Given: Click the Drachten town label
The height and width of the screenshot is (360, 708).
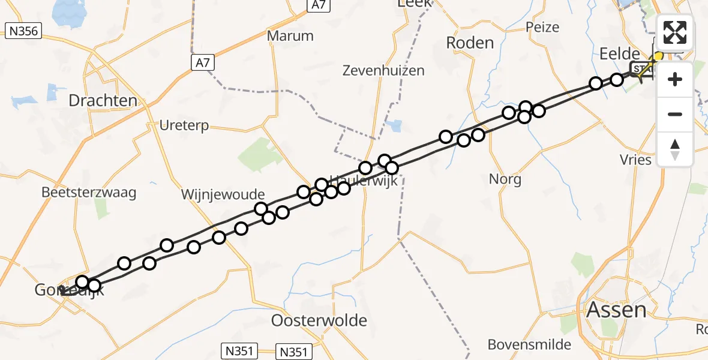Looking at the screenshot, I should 103,100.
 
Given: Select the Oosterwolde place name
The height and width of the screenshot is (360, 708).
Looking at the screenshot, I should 319,320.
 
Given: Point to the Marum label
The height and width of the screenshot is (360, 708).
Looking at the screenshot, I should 290,35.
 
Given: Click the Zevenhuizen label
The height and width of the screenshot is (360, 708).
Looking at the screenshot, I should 383,70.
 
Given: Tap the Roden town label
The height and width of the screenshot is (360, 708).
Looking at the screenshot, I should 470,43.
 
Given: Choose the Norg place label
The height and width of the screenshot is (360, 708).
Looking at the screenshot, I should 505,179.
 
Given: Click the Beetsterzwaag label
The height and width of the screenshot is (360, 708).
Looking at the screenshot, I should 89,193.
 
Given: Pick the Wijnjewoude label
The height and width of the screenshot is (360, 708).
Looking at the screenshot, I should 223,194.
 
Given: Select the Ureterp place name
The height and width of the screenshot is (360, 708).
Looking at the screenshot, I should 184,125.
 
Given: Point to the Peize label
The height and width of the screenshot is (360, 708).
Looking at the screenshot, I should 542,27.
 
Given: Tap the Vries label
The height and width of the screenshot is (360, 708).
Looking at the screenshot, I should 637,160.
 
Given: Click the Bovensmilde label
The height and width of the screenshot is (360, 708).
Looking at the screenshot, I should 529,344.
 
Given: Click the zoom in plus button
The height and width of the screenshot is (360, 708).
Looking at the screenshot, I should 675,79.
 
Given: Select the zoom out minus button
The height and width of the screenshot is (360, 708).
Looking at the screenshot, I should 675,114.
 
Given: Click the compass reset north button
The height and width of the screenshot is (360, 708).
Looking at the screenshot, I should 675,149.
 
